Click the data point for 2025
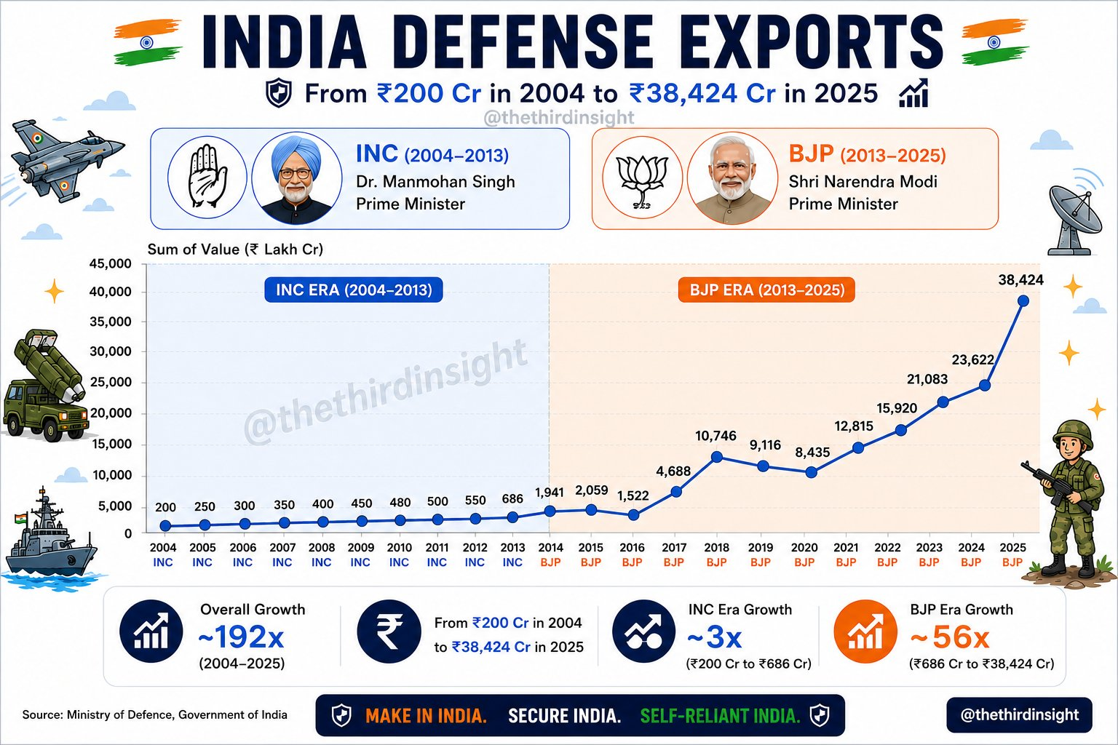pyautogui.click(x=1023, y=301)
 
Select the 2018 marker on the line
pyautogui.click(x=717, y=457)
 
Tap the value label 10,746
pyautogui.click(x=715, y=436)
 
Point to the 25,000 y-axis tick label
pyautogui.click(x=111, y=382)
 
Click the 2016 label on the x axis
pyautogui.click(x=632, y=547)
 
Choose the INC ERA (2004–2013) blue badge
pyautogui.click(x=353, y=290)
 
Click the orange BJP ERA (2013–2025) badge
pyautogui.click(x=766, y=290)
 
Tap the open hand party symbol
pyautogui.click(x=207, y=176)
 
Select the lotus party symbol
pyautogui.click(x=642, y=179)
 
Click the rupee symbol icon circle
pyautogui.click(x=389, y=632)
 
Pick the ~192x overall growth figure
pyautogui.click(x=241, y=637)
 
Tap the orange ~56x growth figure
pyautogui.click(x=950, y=637)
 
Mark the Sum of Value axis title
pyautogui.click(x=235, y=249)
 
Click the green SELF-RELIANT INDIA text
pyautogui.click(x=720, y=716)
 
